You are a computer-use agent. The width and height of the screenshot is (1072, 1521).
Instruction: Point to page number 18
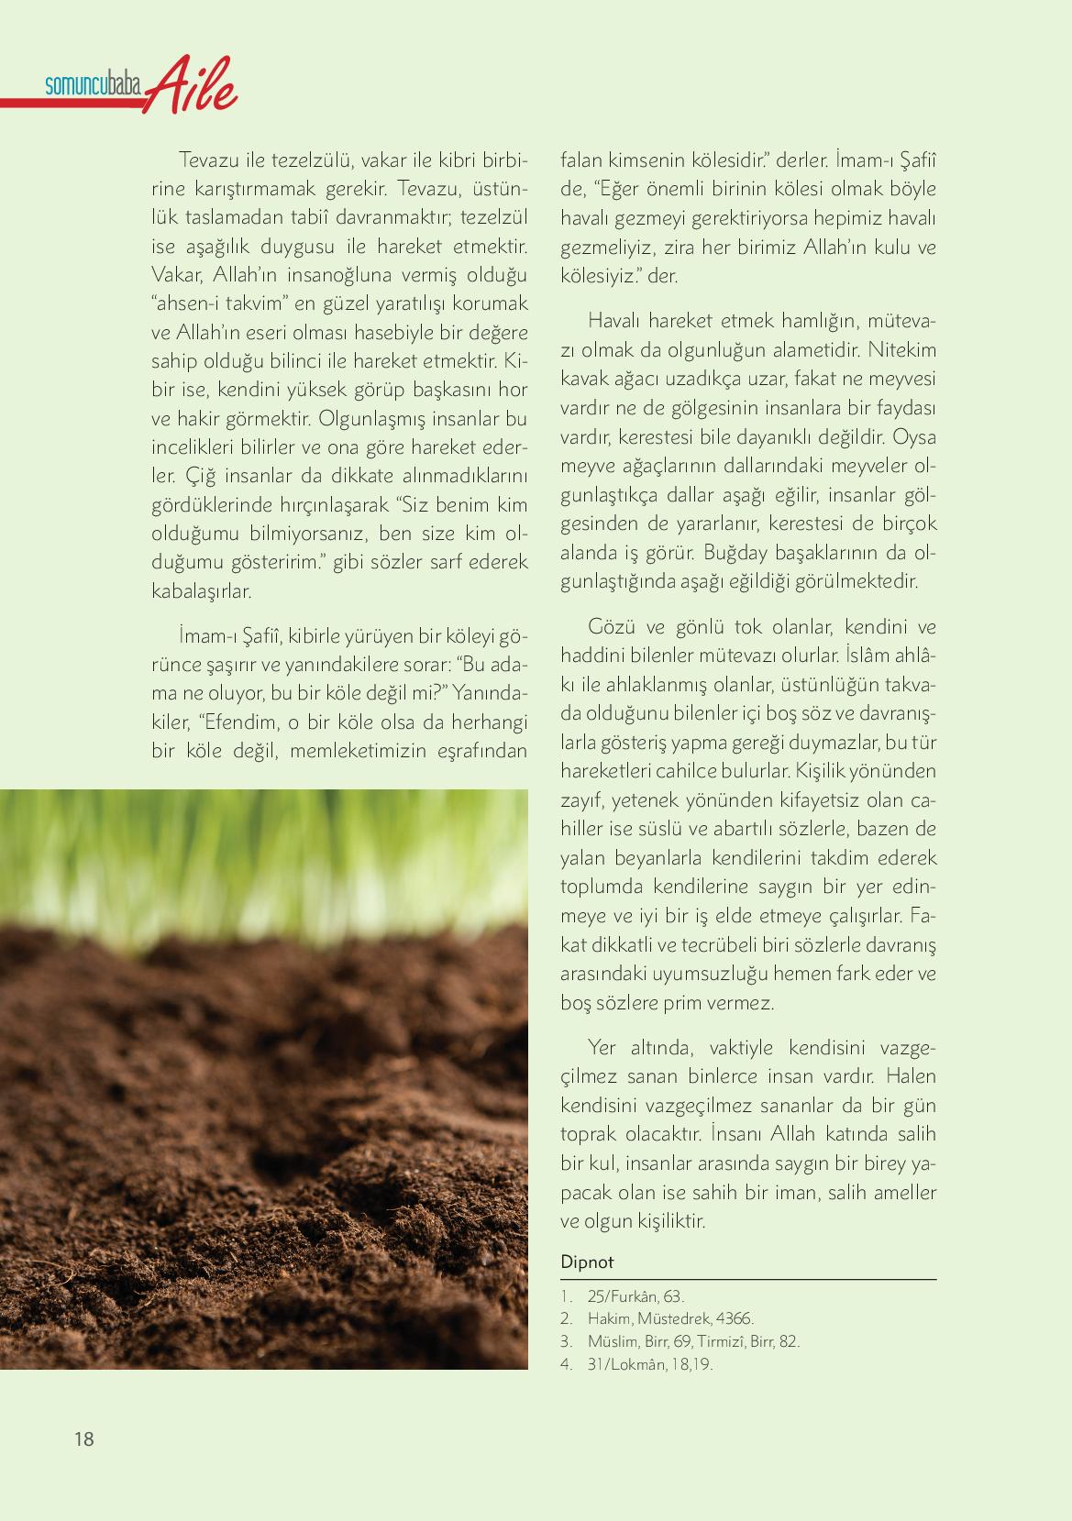tap(83, 1439)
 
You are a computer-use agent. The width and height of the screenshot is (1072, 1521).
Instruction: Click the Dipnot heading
tap(587, 1262)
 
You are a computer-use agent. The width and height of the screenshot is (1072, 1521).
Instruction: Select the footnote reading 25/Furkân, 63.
tap(635, 1296)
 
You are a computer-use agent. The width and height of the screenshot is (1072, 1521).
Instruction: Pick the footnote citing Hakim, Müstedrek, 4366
tap(670, 1319)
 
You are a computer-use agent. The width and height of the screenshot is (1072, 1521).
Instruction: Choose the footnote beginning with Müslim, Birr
tap(693, 1341)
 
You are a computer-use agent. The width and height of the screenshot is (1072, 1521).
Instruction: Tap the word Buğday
tap(733, 553)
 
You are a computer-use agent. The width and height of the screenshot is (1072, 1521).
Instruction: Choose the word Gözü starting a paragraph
tap(612, 628)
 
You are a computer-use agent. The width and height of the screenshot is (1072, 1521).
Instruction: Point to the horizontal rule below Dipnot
tap(748, 1279)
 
